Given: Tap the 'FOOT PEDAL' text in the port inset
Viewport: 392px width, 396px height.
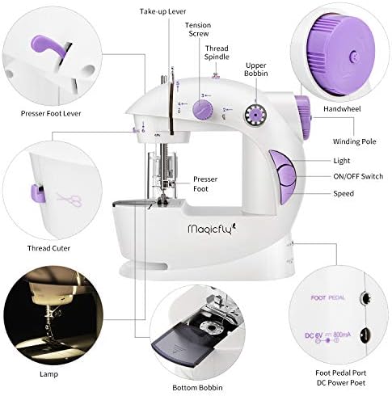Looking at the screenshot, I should point(329,297).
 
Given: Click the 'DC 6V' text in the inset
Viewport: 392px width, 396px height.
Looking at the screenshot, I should point(320,333).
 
